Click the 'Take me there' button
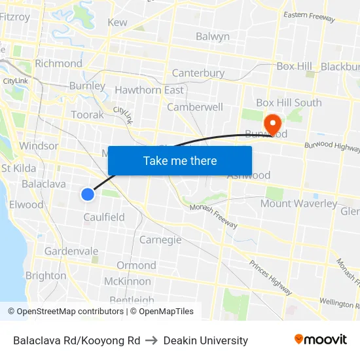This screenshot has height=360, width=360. (x=180, y=160)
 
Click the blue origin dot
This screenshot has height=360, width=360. (x=88, y=194)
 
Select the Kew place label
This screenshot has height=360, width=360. (x=117, y=22)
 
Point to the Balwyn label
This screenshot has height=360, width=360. (x=213, y=37)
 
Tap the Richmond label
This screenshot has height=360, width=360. (x=58, y=63)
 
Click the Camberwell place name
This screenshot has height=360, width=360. (x=195, y=107)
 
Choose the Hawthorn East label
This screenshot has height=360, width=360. (x=149, y=90)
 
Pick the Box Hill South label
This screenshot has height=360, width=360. (x=289, y=103)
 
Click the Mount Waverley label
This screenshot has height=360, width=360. (x=298, y=204)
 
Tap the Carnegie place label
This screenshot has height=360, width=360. (x=160, y=240)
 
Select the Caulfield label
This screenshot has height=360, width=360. (x=104, y=217)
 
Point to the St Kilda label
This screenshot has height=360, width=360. (x=19, y=168)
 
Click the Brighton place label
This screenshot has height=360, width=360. (x=46, y=276)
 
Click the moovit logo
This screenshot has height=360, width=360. (x=321, y=340)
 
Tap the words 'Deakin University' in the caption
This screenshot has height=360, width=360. (x=206, y=340)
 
